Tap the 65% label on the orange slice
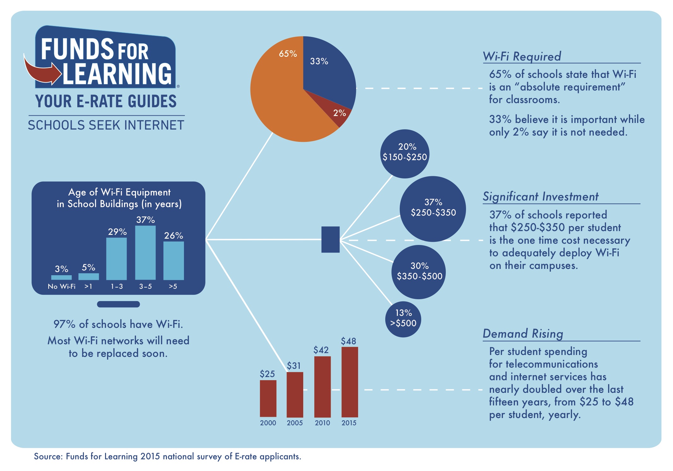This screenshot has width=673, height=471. [x=288, y=54]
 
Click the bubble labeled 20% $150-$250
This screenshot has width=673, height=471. [x=405, y=154]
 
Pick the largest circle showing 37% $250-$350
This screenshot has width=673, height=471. [x=433, y=209]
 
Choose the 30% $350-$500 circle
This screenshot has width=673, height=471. [x=419, y=272]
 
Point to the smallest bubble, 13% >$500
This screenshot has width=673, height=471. [x=403, y=319]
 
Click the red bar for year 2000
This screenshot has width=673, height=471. [x=268, y=398]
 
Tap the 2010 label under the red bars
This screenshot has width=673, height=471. [x=322, y=423]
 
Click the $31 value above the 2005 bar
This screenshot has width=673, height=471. [x=294, y=366]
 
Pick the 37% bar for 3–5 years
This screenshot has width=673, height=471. [x=145, y=253]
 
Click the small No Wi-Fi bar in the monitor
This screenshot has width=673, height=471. [x=61, y=277]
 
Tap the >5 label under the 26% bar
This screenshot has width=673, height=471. [x=173, y=287]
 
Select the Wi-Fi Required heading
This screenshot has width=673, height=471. [x=522, y=56]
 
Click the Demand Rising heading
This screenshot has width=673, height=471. [x=523, y=334]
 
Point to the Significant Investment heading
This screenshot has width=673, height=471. [x=540, y=196]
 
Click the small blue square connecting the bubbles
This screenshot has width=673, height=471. [x=330, y=239]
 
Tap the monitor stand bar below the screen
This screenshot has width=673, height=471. [x=118, y=304]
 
